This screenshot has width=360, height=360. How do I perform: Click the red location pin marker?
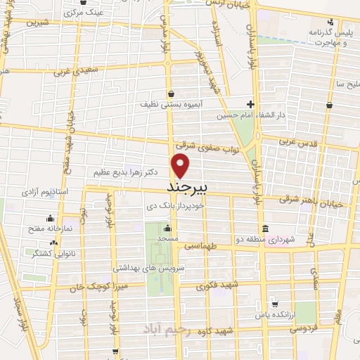click(x=181, y=166)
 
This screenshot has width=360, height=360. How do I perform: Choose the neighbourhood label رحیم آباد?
click(x=164, y=329)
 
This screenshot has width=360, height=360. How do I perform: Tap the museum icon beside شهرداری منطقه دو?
click(x=264, y=229)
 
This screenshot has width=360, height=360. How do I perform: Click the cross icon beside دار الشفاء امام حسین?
click(x=250, y=104)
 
